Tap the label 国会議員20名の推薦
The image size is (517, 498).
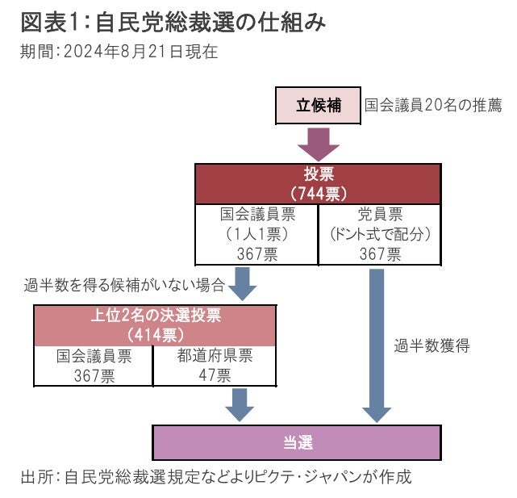pyautogui.click(x=433, y=106)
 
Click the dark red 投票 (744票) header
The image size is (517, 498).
pyautogui.click(x=319, y=183)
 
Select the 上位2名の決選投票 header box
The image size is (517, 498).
pyautogui.click(x=155, y=324)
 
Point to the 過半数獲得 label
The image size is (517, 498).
pyautogui.click(x=432, y=346)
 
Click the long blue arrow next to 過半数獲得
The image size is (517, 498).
pyautogui.click(x=374, y=343)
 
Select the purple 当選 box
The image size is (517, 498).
pyautogui.click(x=297, y=442)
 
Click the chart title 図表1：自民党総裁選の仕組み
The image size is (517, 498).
pyautogui.click(x=173, y=23)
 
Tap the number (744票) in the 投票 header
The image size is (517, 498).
pyautogui.click(x=319, y=194)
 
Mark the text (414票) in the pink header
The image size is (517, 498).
pyautogui.click(x=155, y=334)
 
